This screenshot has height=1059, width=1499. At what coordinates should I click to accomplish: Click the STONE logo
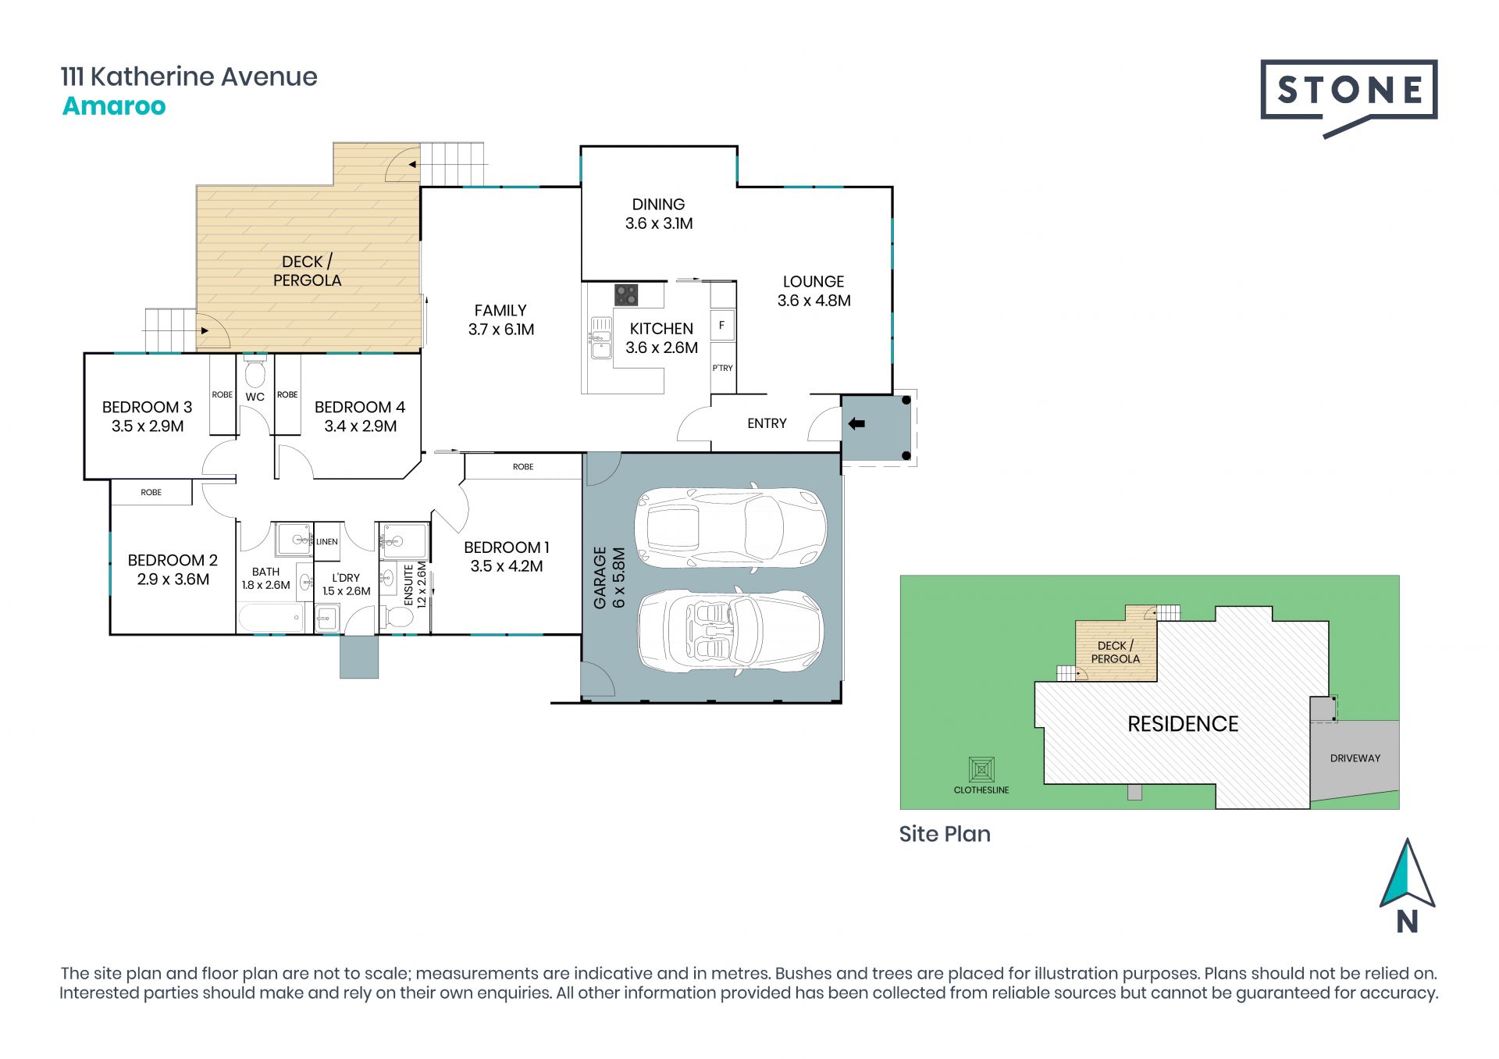click(1348, 98)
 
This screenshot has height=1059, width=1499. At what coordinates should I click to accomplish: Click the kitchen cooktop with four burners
click(626, 294)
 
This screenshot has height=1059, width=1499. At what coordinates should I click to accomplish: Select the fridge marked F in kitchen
click(722, 325)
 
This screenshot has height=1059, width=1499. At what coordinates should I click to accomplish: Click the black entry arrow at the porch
click(856, 424)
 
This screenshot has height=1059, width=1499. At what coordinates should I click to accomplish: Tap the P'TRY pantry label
click(722, 368)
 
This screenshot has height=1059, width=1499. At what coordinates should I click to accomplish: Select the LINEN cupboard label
click(327, 541)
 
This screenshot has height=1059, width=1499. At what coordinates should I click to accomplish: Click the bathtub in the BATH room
click(270, 618)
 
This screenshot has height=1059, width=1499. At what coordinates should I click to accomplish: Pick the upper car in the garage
click(731, 527)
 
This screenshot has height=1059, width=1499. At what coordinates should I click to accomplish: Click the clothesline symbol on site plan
click(981, 770)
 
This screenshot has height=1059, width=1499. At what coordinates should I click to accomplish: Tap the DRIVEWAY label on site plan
click(1355, 758)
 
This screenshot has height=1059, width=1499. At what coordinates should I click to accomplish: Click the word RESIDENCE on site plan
click(1183, 724)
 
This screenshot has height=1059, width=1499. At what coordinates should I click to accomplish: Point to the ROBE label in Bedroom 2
click(151, 492)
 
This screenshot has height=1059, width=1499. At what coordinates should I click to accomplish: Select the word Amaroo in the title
click(114, 105)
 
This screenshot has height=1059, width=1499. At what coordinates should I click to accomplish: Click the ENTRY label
click(767, 423)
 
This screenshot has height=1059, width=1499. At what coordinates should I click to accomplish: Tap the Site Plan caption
click(945, 834)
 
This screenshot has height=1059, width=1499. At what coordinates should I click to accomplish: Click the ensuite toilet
click(398, 618)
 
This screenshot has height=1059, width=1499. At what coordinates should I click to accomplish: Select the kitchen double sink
click(600, 337)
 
